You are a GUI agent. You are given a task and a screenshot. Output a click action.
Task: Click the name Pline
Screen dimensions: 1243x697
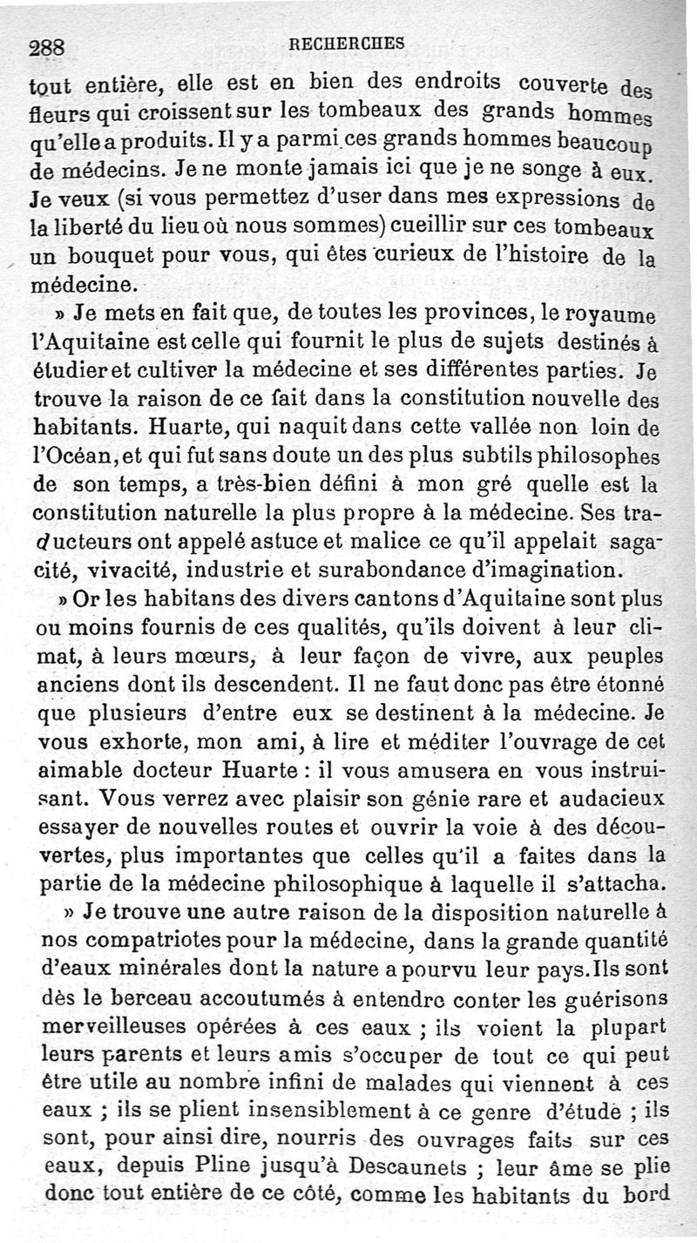click(288, 1165)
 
